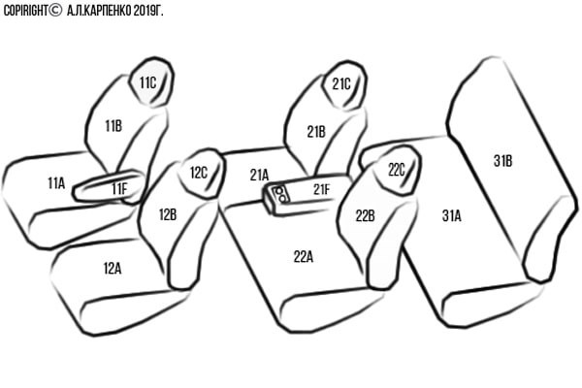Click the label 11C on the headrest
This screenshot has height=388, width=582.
point(147,82)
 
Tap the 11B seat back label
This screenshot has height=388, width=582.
point(113,126)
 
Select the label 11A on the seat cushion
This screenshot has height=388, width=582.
point(56,182)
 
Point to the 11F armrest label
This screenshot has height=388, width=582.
point(119,188)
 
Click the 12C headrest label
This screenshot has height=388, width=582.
point(199,173)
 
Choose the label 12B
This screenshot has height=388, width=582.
point(168,214)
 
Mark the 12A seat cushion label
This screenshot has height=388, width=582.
point(113,268)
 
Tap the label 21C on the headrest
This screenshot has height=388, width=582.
point(341,84)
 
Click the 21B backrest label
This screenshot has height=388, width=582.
point(316,132)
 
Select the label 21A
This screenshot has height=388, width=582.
point(259,175)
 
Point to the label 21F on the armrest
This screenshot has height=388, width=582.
point(321,189)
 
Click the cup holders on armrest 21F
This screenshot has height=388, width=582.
point(280,194)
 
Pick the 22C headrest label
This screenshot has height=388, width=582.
point(397,170)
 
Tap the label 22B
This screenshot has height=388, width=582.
point(366,215)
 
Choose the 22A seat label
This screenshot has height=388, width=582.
point(304,256)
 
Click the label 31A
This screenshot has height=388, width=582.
point(452,215)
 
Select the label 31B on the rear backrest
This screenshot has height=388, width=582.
point(502,161)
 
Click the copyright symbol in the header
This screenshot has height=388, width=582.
point(55,11)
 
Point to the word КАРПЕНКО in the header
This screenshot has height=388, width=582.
point(108,11)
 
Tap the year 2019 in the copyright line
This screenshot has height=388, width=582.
point(143,11)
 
